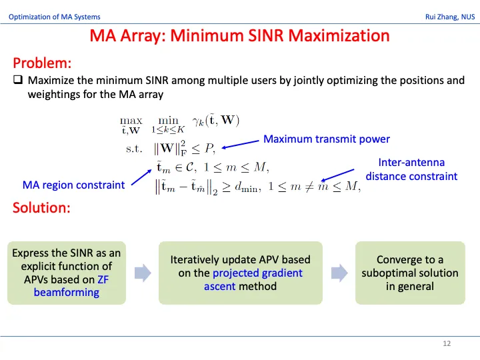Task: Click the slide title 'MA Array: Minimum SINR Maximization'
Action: [x=240, y=35]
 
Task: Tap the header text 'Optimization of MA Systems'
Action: [x=55, y=17]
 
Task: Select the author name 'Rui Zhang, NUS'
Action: [x=450, y=17]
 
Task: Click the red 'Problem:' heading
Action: [x=42, y=63]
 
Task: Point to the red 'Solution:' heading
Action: [x=41, y=207]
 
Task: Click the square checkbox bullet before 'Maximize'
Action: [x=18, y=79]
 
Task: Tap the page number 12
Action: [x=447, y=343]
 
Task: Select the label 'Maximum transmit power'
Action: [x=327, y=139]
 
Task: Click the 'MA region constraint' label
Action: [x=74, y=185]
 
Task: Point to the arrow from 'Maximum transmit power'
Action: [x=240, y=144]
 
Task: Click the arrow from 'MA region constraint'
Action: [x=141, y=177]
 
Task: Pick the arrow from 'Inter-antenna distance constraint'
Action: [x=337, y=175]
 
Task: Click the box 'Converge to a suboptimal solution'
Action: [x=410, y=273]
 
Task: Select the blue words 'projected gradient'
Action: [x=257, y=273]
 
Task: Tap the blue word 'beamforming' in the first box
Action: [x=67, y=293]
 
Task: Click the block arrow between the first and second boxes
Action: [x=143, y=273]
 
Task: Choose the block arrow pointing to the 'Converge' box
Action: [x=339, y=273]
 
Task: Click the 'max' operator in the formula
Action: [x=131, y=121]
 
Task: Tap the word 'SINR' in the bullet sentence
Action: [x=157, y=80]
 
